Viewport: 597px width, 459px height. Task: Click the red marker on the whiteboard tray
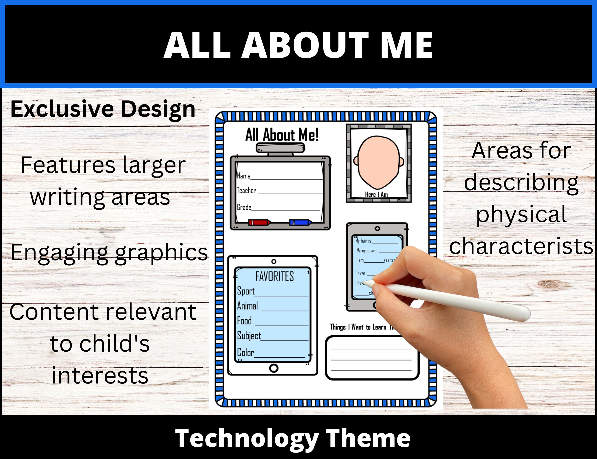click(x=259, y=222)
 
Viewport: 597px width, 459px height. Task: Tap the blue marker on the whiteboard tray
click(x=300, y=222)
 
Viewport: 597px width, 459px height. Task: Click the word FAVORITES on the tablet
click(x=274, y=276)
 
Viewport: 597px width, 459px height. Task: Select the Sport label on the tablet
click(x=246, y=291)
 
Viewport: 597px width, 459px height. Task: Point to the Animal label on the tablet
click(x=247, y=306)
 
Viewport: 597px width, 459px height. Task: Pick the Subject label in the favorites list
click(x=249, y=336)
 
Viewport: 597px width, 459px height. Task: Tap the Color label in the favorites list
click(x=245, y=353)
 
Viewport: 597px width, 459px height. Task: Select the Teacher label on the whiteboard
click(x=246, y=190)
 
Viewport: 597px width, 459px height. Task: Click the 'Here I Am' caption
click(x=376, y=194)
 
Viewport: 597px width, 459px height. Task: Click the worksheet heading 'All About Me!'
click(x=282, y=135)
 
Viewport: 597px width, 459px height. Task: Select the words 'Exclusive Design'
click(x=103, y=109)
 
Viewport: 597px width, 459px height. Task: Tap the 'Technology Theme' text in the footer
click(x=293, y=439)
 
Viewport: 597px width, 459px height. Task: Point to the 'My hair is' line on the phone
click(x=363, y=241)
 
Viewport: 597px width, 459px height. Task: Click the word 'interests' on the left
click(x=100, y=376)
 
